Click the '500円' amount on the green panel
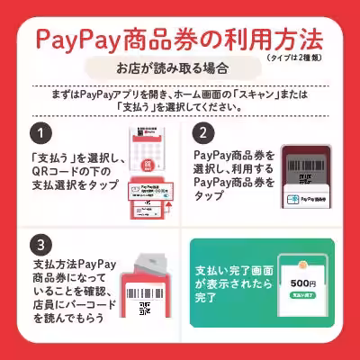(x=303, y=283)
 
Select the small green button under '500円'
(x=303, y=298)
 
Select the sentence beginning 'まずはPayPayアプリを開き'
(x=180, y=97)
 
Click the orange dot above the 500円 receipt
(x=303, y=258)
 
